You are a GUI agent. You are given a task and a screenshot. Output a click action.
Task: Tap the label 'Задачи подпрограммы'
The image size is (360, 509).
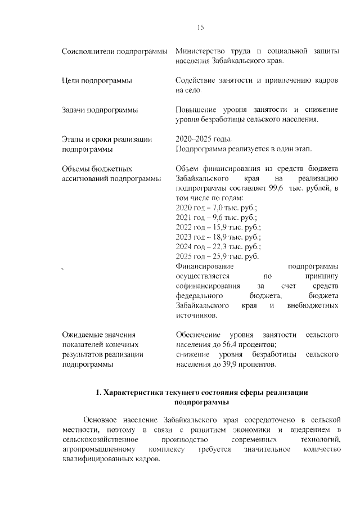point(100,110)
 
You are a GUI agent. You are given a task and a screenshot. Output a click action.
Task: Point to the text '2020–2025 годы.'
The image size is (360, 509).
point(203,139)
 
